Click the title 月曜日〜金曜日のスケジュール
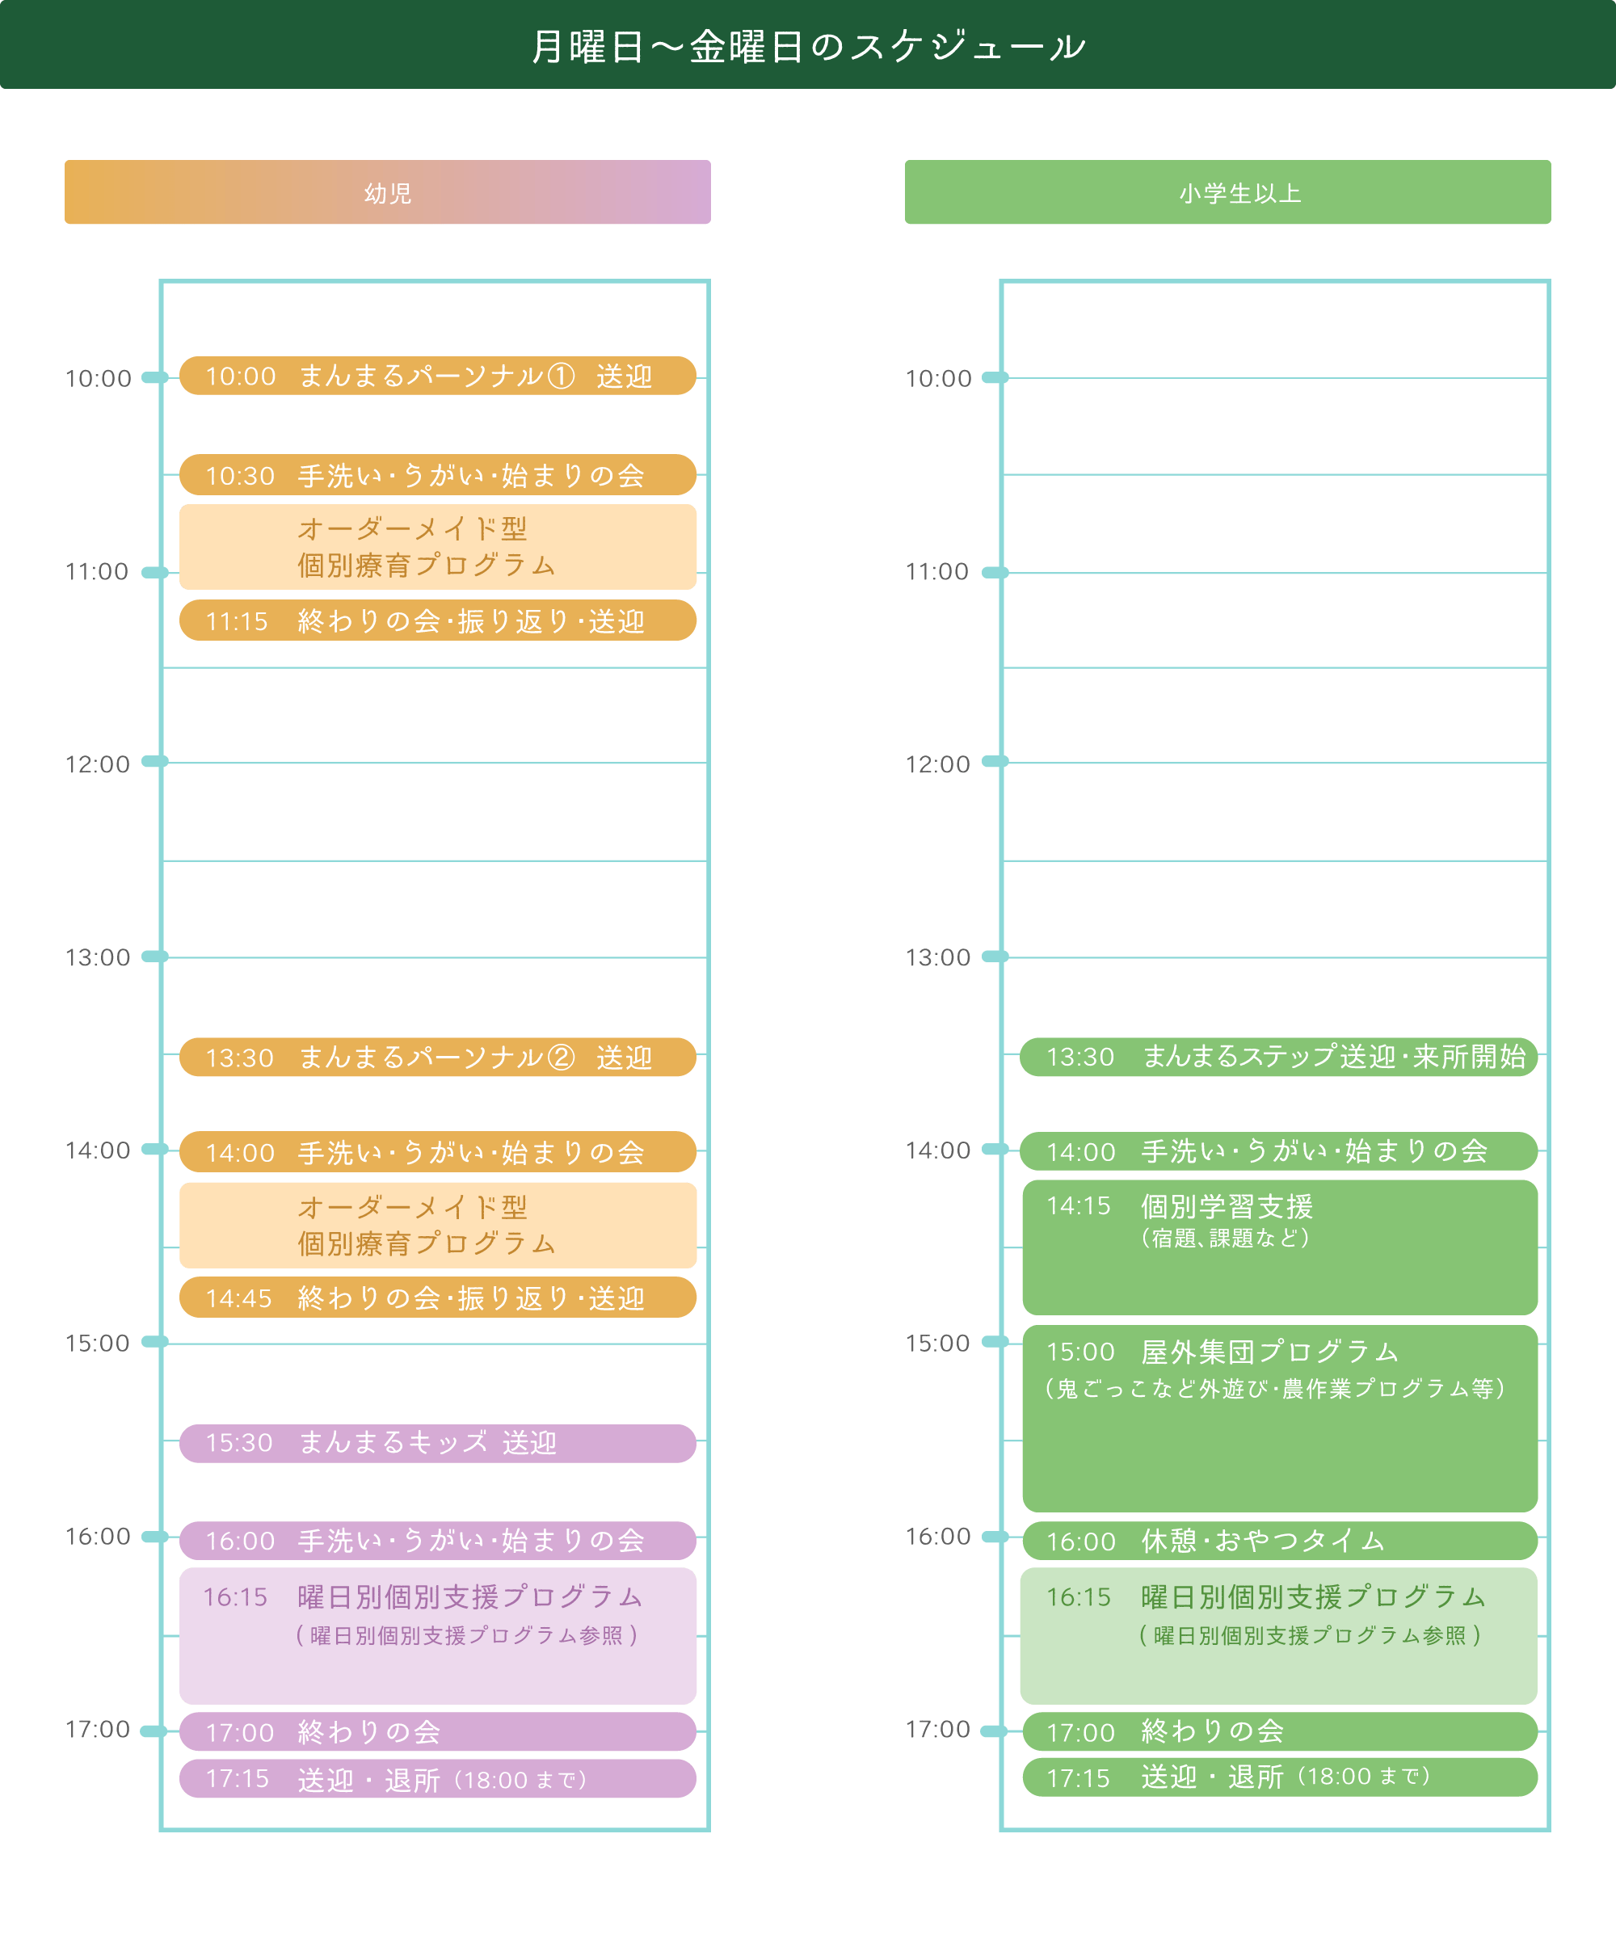[x=808, y=46]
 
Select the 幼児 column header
[x=387, y=192]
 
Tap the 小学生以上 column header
[x=1227, y=192]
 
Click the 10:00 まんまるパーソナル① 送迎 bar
[x=437, y=376]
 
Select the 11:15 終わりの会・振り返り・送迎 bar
[x=437, y=620]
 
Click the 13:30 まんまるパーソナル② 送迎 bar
[x=437, y=1058]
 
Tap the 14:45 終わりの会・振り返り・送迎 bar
[x=437, y=1298]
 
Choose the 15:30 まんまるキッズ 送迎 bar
[x=437, y=1443]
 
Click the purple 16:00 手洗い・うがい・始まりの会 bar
[x=437, y=1540]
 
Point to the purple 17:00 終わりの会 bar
[x=437, y=1732]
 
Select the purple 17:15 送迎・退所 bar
[x=437, y=1778]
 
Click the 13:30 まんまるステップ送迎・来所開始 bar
[x=1278, y=1056]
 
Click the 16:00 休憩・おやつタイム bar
[x=1279, y=1540]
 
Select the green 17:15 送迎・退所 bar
[x=1279, y=1777]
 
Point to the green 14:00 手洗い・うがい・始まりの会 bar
[x=1278, y=1150]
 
